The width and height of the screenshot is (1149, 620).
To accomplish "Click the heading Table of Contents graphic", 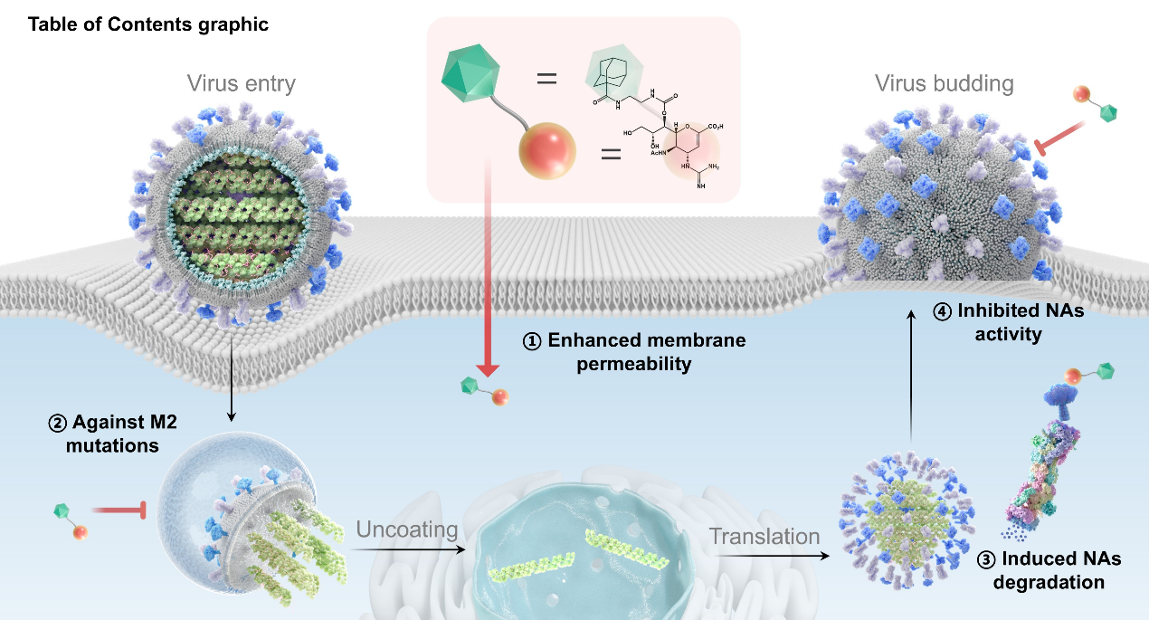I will (x=148, y=24).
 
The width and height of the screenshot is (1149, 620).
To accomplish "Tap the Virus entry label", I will (x=242, y=84).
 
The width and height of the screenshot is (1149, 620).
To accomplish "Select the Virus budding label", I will (x=944, y=84).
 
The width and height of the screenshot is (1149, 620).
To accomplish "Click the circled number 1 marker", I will (x=533, y=342).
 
